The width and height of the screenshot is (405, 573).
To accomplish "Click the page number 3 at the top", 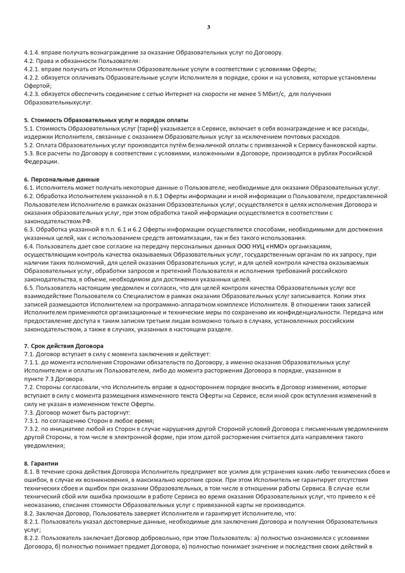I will click(x=208, y=27).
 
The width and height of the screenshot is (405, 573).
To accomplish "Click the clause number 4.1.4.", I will click(x=31, y=53).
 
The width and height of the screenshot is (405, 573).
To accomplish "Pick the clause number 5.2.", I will click(x=29, y=145).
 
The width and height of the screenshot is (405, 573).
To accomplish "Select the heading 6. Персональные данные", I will click(x=62, y=179).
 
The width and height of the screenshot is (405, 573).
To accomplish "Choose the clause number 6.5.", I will click(x=29, y=288).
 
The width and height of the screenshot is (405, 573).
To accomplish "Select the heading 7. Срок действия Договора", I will click(x=64, y=346).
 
